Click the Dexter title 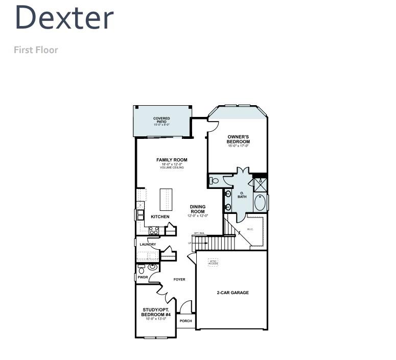point(64,18)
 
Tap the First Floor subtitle point(36,50)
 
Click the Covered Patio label point(161,121)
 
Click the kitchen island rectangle point(166,199)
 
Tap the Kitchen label point(160,217)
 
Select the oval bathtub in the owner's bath point(261,203)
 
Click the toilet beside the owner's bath point(214,180)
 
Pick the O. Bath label point(242,195)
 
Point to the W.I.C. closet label point(250,229)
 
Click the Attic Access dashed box point(213,262)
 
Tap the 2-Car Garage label point(232,293)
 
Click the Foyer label point(179,279)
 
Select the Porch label point(186,321)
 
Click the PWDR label point(143,277)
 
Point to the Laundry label point(148,245)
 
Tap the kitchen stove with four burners point(154,230)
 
